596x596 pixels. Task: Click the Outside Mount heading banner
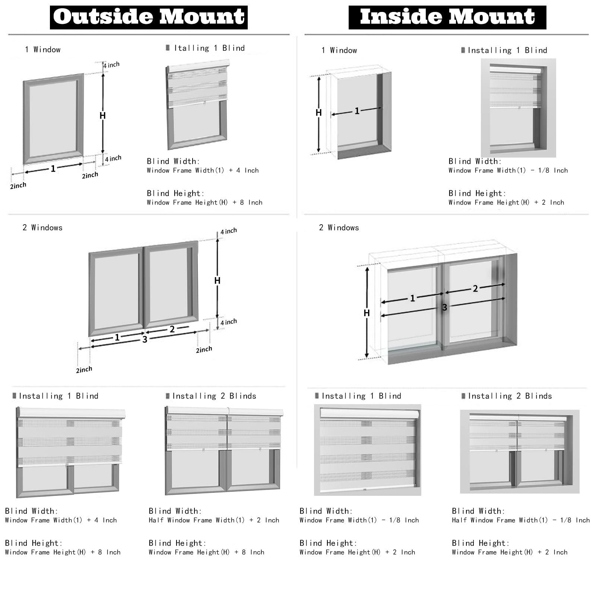149,17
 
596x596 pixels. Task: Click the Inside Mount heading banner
447,17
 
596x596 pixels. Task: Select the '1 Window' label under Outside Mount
42,50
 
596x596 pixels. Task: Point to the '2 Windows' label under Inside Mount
339,228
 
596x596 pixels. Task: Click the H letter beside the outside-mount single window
102,116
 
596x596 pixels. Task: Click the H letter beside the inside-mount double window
367,313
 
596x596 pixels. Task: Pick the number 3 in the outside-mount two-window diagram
145,339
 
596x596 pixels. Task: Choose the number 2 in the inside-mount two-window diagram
475,288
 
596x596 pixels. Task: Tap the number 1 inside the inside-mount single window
357,111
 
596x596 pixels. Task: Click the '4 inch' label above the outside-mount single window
111,65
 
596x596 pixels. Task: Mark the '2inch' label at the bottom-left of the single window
18,186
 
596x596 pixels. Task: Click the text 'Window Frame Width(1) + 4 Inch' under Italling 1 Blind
203,171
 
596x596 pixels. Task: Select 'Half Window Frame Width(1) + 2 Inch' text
214,520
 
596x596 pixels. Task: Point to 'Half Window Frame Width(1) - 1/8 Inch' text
521,520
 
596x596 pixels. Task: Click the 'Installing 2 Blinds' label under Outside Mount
214,396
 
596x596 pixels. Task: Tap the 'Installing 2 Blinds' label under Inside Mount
510,396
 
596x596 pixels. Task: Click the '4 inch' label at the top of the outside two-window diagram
228,231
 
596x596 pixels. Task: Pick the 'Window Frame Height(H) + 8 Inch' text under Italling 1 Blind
205,203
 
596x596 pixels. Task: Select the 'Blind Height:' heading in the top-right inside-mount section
477,193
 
